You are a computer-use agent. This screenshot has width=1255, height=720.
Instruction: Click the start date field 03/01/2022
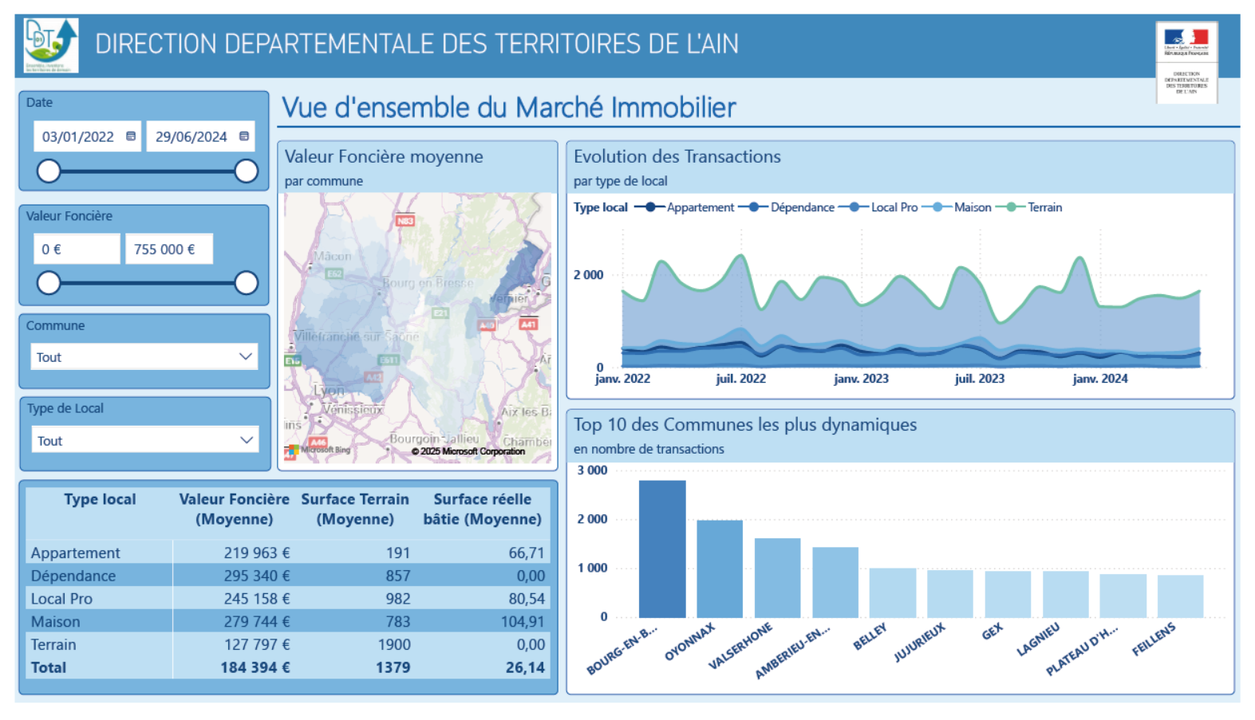(78, 137)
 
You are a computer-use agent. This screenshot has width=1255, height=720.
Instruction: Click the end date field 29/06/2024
(191, 137)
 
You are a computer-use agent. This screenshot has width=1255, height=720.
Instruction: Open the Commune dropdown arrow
(246, 356)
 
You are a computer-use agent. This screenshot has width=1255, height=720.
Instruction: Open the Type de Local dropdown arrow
(246, 440)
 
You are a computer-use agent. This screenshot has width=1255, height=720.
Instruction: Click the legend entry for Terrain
(1044, 207)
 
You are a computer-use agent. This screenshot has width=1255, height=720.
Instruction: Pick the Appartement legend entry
(700, 207)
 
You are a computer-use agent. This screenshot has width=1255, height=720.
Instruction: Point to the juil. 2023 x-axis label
(979, 379)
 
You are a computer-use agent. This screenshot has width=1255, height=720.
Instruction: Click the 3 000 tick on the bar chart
(592, 470)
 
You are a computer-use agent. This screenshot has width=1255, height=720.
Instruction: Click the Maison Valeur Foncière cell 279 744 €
(256, 621)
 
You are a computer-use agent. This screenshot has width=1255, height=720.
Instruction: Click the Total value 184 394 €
(255, 667)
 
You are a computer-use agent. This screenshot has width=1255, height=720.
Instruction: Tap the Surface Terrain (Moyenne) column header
(355, 509)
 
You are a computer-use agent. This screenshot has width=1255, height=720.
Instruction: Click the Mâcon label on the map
(333, 256)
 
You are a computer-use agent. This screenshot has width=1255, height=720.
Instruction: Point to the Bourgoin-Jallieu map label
(434, 439)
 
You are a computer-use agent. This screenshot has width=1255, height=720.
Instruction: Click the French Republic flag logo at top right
(1186, 38)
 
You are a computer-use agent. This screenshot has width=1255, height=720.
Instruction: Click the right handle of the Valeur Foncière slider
(247, 282)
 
